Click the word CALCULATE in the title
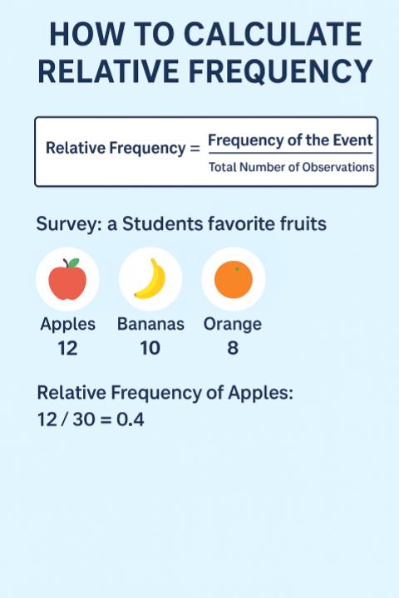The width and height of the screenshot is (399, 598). [x=273, y=35]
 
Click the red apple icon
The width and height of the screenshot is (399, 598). [x=67, y=280]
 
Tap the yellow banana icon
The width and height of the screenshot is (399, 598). [x=150, y=280]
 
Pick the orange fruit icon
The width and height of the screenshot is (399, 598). [x=233, y=280]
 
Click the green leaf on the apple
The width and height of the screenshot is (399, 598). [x=74, y=263]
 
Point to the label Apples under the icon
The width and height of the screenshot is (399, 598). [x=67, y=324]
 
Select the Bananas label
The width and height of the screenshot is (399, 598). [x=150, y=324]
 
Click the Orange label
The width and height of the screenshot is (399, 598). [x=233, y=324]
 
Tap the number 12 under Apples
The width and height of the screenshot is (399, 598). [x=67, y=349]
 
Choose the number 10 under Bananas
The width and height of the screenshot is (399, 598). [x=150, y=349]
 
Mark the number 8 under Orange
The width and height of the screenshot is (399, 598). [x=233, y=349]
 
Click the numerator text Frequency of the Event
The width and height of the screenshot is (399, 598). [x=290, y=140]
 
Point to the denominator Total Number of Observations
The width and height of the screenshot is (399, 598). [x=291, y=167]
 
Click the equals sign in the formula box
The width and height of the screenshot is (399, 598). [x=195, y=149]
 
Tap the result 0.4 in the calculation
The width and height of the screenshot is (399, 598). [x=131, y=419]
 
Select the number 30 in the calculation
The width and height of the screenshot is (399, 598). [x=82, y=419]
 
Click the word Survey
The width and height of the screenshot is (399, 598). [x=66, y=225]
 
